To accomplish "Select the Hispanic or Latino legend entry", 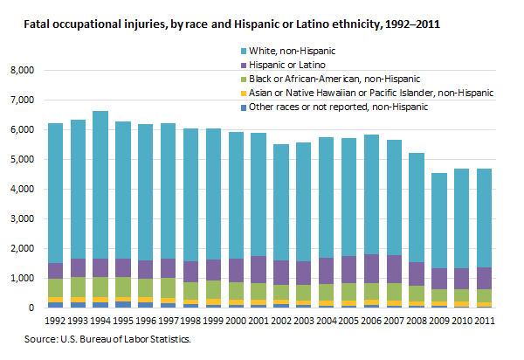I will point(289,65).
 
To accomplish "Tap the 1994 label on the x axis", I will point(100,320).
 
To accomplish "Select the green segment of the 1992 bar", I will point(55,287).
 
